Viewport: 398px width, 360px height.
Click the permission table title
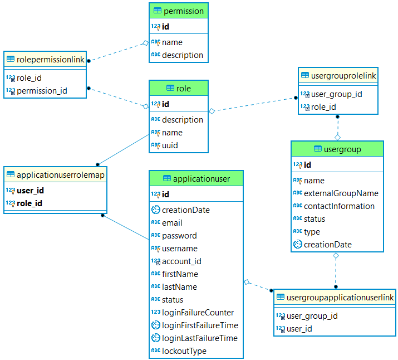point(184,11)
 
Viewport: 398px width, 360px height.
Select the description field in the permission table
point(183,55)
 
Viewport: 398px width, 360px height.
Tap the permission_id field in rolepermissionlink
point(42,91)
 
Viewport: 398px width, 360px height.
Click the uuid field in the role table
point(170,145)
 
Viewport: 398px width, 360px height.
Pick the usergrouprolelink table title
point(343,76)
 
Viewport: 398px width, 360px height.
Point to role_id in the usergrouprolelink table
point(323,107)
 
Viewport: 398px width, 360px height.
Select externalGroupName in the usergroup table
point(341,193)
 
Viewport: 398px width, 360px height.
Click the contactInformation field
point(339,206)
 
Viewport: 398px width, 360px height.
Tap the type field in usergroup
point(312,232)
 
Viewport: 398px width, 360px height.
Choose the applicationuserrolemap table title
point(61,175)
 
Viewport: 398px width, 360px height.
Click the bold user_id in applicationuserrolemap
point(30,191)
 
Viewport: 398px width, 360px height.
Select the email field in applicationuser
point(172,223)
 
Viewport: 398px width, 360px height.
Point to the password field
point(179,236)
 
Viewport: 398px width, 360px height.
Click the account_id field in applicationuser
point(181,261)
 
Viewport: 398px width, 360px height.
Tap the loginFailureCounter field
point(198,313)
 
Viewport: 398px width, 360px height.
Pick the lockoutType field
point(184,351)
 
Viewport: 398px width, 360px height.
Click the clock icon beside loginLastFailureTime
point(156,338)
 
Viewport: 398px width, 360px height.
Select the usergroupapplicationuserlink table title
point(340,298)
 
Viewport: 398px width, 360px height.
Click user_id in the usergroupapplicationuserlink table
point(299,329)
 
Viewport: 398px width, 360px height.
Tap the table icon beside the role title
point(170,88)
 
